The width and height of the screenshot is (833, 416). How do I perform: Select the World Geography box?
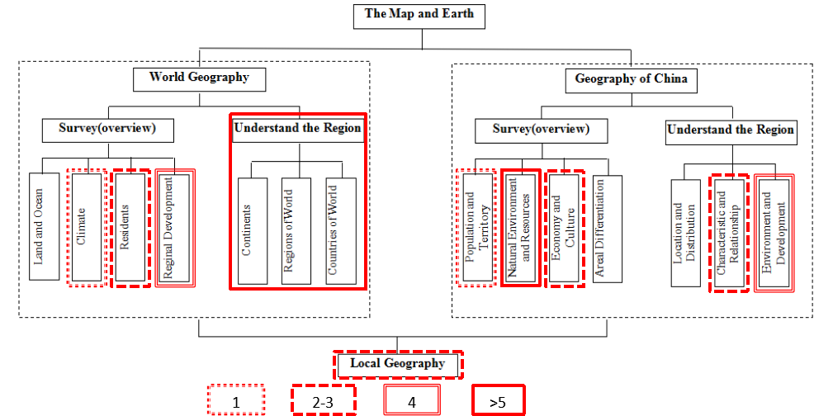click(199, 78)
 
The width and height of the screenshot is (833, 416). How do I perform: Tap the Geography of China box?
click(632, 81)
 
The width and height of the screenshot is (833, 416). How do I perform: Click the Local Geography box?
click(397, 364)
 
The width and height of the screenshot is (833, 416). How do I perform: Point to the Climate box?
click(87, 228)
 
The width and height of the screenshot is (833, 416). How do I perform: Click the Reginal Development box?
click(174, 228)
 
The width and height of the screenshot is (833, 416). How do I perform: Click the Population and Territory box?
click(476, 228)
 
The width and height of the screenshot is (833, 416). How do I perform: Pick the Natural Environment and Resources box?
click(520, 228)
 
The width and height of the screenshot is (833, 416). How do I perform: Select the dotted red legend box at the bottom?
click(235, 399)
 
